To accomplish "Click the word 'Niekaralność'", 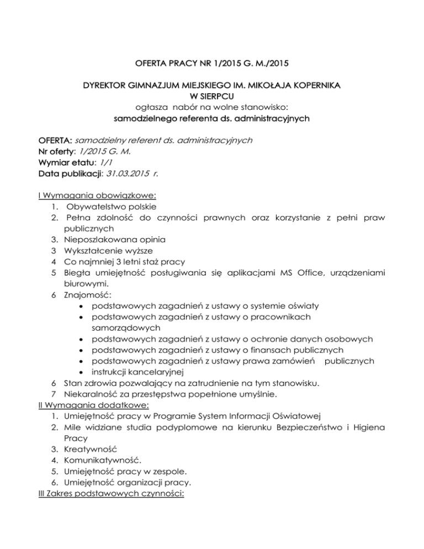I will coord(91,393).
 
